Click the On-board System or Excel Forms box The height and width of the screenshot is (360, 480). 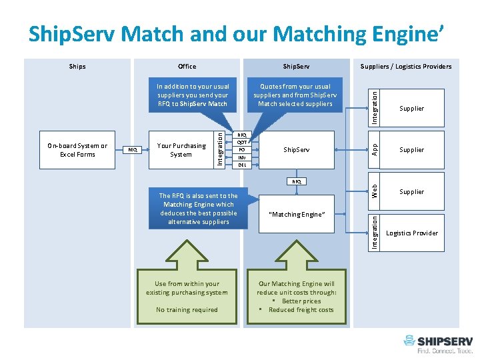[x=77, y=150]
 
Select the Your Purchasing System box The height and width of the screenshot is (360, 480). [x=181, y=150]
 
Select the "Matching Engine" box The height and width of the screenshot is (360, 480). [x=296, y=215]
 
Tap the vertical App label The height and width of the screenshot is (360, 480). [x=375, y=149]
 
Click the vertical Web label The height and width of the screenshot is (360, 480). [x=375, y=191]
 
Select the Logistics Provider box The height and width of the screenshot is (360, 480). [x=411, y=233]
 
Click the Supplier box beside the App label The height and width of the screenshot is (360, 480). [x=411, y=150]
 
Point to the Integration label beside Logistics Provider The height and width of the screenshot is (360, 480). [x=375, y=232]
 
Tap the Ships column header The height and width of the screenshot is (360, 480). [x=77, y=66]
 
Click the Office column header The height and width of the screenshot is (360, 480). [x=187, y=66]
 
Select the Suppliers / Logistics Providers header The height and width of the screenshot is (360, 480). [x=406, y=66]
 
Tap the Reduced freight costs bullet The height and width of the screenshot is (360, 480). [x=300, y=309]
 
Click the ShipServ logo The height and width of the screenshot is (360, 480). [x=437, y=344]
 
